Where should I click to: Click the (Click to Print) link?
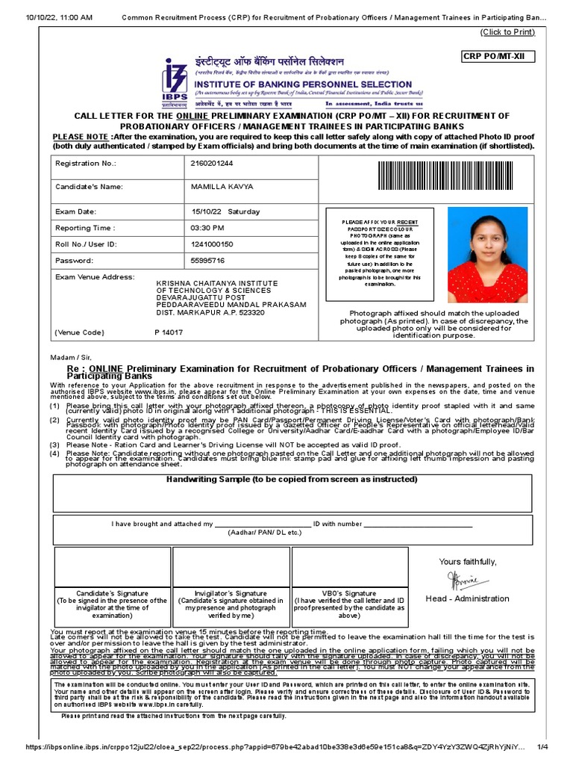(508, 32)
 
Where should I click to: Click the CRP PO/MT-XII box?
(498, 57)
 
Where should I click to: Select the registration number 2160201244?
(212, 163)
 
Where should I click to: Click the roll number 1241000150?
(212, 244)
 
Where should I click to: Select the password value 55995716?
(207, 261)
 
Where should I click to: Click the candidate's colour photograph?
(486, 254)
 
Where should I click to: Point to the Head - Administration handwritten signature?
(467, 580)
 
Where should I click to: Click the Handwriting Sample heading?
(292, 479)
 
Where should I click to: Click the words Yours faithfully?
(467, 562)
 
